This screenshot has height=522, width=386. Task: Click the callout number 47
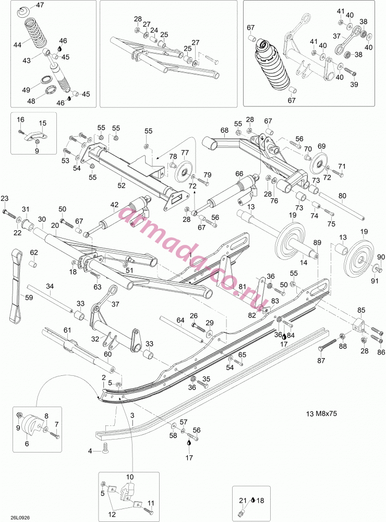click(x=40, y=5)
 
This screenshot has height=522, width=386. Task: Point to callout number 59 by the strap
click(x=29, y=298)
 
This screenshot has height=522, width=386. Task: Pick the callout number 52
click(x=122, y=185)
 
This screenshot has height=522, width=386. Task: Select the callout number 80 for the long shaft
click(x=342, y=196)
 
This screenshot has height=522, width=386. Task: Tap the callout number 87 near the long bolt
click(x=321, y=361)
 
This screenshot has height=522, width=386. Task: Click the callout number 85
click(x=361, y=310)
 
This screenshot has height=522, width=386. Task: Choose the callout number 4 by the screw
click(x=90, y=451)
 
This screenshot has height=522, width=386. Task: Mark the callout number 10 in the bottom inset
click(x=130, y=477)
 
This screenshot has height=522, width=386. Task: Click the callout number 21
click(x=243, y=500)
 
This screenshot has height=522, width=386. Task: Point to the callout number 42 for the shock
click(x=114, y=205)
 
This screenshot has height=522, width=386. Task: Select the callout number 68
click(x=225, y=130)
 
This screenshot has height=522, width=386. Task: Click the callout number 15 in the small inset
click(x=43, y=123)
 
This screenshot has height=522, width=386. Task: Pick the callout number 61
click(x=68, y=330)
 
